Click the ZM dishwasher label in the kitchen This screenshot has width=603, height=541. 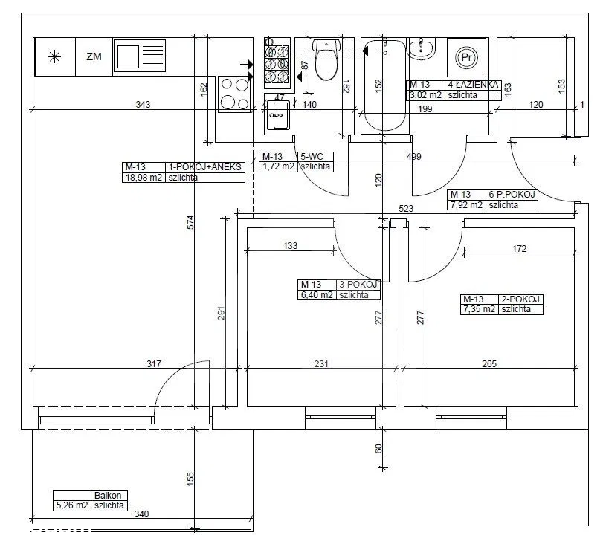[x=94, y=57]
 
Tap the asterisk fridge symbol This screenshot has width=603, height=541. [x=54, y=57]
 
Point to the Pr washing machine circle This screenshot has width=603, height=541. [x=466, y=58]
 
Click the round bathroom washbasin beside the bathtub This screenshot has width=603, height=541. [x=421, y=48]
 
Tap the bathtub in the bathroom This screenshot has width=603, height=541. [x=384, y=85]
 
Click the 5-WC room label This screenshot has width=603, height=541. [x=312, y=156]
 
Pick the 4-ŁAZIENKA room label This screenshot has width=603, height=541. [x=473, y=85]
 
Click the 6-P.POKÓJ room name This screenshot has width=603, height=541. [x=512, y=195]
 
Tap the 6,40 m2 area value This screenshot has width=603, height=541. [x=317, y=295]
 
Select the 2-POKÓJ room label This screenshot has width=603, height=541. [x=520, y=299]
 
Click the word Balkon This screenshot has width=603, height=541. [x=108, y=496]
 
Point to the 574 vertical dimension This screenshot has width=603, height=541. [x=190, y=222]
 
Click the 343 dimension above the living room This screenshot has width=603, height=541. [x=143, y=105]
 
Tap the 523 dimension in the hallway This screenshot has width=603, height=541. [x=406, y=209]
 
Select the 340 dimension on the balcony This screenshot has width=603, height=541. [x=141, y=514]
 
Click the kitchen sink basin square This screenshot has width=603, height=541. [x=128, y=56]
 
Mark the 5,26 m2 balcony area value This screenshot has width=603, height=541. [x=72, y=505]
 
